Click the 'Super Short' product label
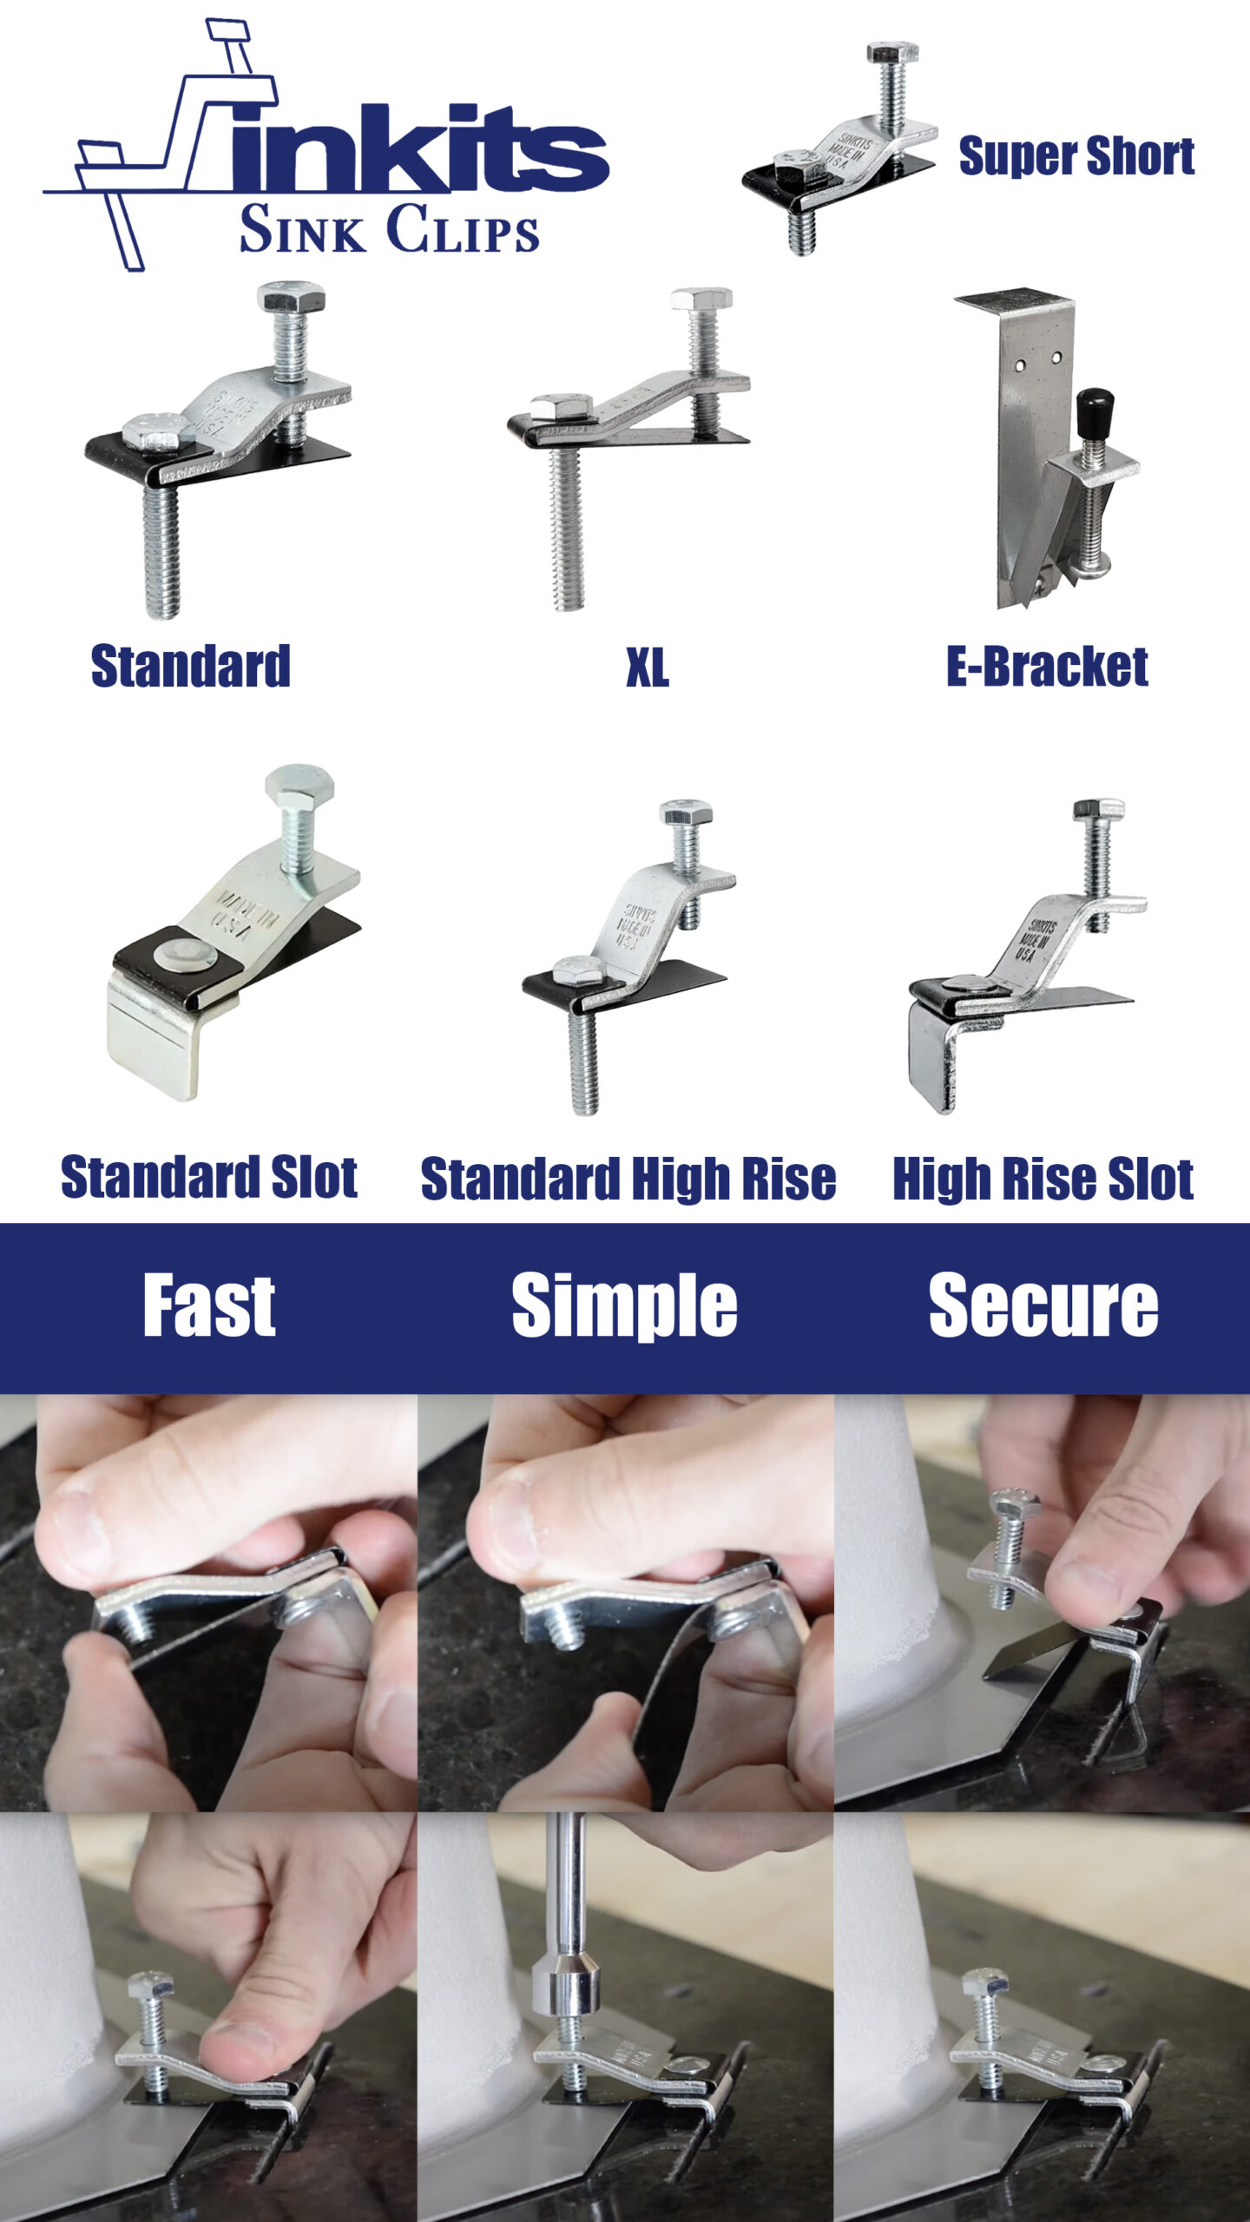1076,156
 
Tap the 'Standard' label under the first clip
190,667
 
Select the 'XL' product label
648,668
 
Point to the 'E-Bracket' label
1047,667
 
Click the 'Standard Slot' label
209,1177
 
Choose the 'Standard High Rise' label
628,1179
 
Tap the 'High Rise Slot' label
1043,1179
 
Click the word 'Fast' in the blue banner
209,1306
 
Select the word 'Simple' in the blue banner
624,1306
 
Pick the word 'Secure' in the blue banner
1043,1306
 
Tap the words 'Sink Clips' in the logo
390,229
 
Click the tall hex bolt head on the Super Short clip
892,52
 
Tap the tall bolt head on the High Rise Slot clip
1099,810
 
